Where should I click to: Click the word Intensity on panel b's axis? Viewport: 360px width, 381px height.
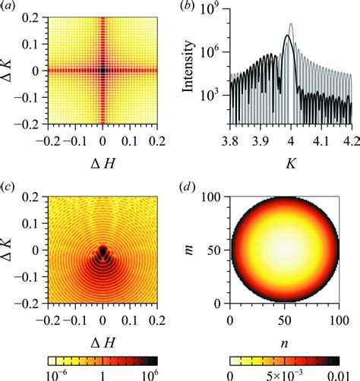[191, 71]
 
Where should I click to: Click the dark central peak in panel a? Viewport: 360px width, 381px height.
[103, 71]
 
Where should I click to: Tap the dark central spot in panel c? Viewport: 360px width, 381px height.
[103, 250]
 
